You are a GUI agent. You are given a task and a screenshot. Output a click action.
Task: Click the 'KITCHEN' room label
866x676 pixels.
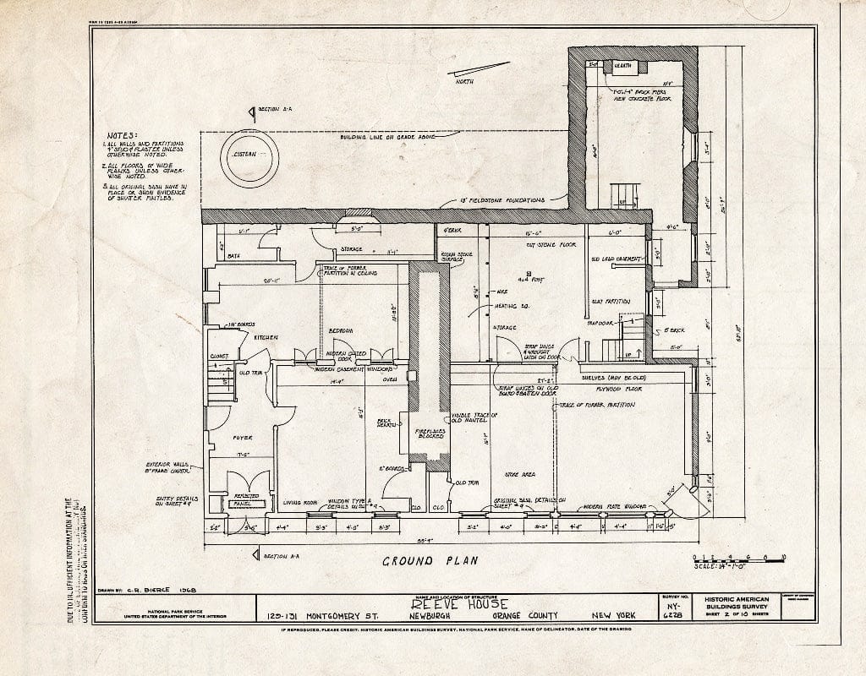[x=266, y=337]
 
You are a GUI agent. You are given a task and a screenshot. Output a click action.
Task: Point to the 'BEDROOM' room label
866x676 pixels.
[x=341, y=330]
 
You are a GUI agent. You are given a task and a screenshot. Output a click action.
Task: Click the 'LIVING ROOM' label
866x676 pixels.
[x=299, y=501]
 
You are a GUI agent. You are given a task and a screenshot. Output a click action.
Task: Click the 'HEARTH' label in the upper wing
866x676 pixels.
[x=622, y=65]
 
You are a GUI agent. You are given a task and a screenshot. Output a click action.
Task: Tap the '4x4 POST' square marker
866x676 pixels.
[x=529, y=274]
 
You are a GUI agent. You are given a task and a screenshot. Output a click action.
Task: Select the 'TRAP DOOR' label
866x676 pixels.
[x=600, y=323]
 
